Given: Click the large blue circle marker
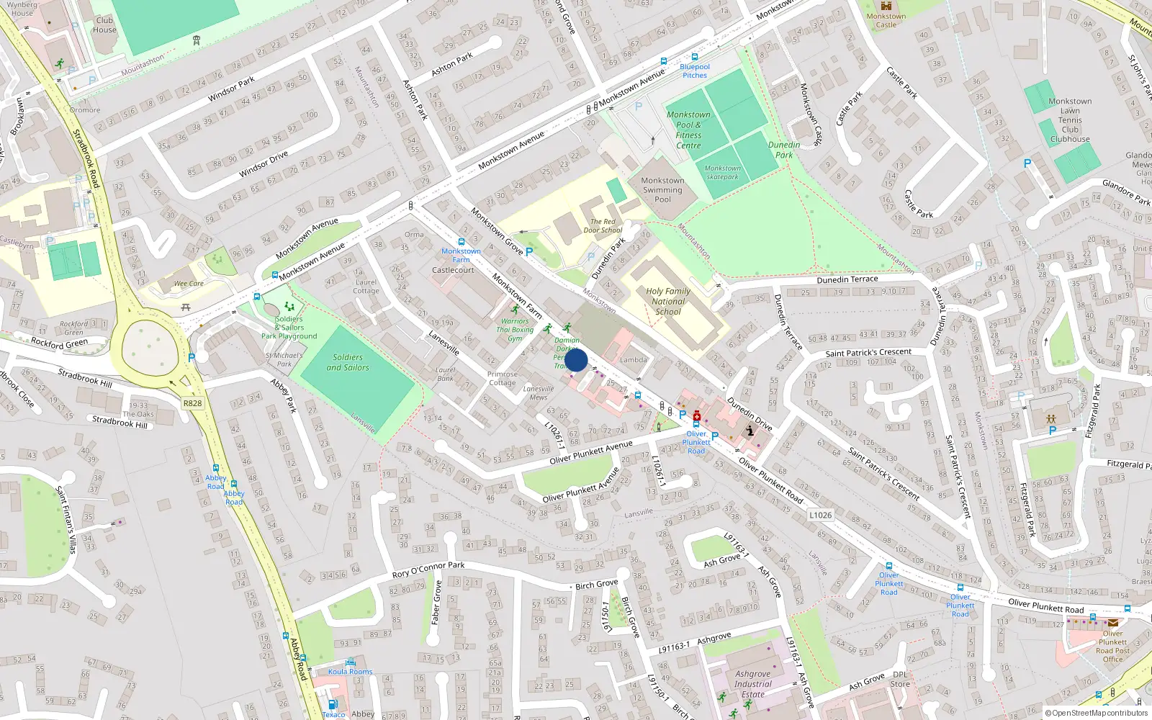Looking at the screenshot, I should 576,361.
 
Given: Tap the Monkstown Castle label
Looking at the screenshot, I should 886,20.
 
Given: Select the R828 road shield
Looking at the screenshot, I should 192,403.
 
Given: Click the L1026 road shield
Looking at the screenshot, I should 820,515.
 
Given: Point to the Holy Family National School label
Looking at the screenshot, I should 668,302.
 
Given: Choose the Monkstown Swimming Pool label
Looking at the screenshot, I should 662,190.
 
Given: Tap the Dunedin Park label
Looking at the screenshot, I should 784,150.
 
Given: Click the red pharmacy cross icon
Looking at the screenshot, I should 697,416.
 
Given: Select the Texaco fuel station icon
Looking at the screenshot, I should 333,704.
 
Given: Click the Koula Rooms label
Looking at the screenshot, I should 351,672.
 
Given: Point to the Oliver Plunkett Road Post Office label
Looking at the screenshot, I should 1112,646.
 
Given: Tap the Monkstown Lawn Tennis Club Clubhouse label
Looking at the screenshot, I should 1070,120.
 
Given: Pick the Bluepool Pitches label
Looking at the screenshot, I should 695,71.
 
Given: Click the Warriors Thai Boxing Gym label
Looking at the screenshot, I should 515,330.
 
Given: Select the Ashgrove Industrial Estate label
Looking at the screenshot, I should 753,684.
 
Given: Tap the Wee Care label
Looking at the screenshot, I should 189,284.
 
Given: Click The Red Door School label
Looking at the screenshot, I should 603,226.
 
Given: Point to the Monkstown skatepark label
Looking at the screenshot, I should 722,172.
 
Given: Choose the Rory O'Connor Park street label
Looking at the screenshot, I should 428,570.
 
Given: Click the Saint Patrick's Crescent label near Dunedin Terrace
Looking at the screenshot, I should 868,353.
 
